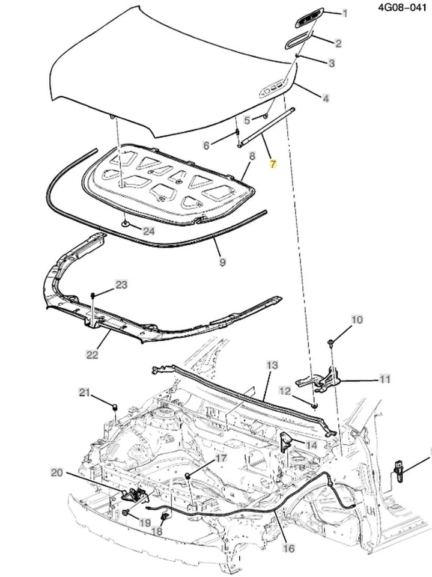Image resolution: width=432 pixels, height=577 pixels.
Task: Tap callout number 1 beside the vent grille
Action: (345, 13)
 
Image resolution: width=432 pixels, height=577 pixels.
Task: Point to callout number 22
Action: (91, 355)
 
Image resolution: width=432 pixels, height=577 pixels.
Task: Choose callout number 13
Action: (272, 365)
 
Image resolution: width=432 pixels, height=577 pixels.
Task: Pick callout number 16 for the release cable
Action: (288, 548)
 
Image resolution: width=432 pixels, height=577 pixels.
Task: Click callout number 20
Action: (56, 473)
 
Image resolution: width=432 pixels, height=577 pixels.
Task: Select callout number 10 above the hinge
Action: (357, 320)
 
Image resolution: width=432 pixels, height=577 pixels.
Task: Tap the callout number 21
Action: (84, 393)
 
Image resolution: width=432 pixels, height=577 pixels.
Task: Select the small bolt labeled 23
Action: (94, 295)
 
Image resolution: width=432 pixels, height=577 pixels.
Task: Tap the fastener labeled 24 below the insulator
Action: (124, 224)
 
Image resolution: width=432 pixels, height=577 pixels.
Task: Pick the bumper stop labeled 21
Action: (114, 409)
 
